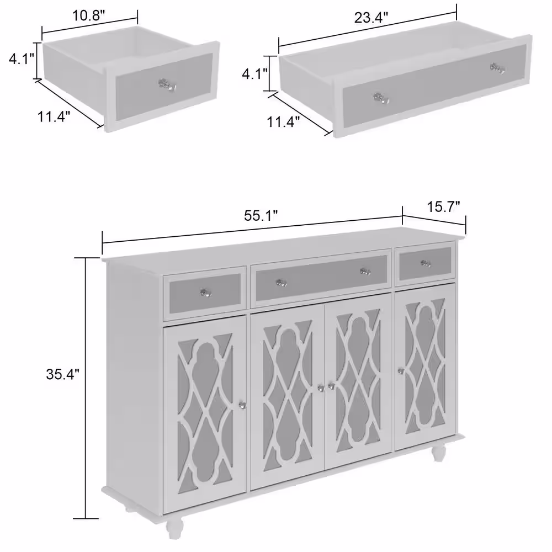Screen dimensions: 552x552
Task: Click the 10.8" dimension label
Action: (x=89, y=15)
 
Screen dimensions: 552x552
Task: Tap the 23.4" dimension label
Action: (x=371, y=17)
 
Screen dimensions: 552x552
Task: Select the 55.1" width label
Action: (x=261, y=215)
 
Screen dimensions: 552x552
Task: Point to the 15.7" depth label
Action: (x=444, y=206)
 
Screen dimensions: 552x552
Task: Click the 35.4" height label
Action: (x=63, y=374)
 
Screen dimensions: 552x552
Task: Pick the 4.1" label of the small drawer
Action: (x=22, y=59)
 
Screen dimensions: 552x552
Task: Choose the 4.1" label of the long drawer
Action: (x=254, y=74)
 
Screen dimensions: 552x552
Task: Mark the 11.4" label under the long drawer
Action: (x=283, y=122)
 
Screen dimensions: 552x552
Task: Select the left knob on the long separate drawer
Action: (x=381, y=98)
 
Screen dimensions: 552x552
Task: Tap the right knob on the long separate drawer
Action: (x=497, y=68)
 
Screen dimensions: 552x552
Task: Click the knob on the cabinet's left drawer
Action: (x=205, y=293)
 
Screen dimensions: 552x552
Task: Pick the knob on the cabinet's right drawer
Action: (x=426, y=263)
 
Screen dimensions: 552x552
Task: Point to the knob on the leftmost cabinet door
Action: (x=242, y=405)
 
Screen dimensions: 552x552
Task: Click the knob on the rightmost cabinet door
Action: (x=401, y=371)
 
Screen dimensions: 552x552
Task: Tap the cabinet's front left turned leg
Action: (x=174, y=526)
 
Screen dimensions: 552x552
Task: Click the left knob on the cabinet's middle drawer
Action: (x=281, y=283)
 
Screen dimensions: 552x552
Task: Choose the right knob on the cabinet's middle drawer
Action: (x=365, y=272)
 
